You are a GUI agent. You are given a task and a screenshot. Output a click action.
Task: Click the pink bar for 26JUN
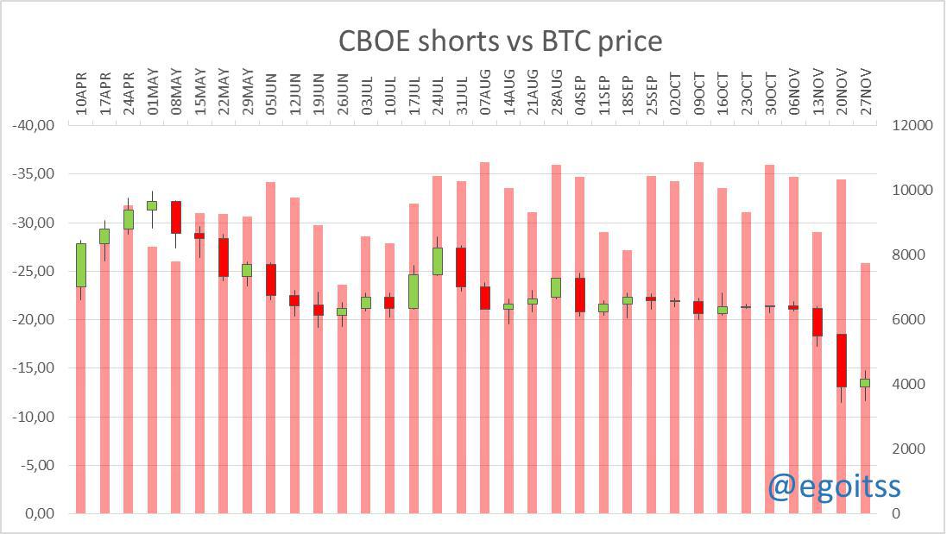342,414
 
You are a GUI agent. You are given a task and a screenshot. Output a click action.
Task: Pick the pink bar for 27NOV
864,449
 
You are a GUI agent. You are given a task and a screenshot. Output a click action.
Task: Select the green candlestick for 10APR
81,265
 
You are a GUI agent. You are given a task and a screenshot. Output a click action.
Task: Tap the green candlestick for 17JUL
414,291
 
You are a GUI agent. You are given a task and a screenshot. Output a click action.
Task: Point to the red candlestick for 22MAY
224,257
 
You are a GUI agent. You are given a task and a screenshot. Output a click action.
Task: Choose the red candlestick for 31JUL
461,267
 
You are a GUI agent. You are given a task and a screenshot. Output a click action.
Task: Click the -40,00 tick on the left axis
34,125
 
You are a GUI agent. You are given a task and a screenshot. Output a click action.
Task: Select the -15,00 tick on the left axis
34,368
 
